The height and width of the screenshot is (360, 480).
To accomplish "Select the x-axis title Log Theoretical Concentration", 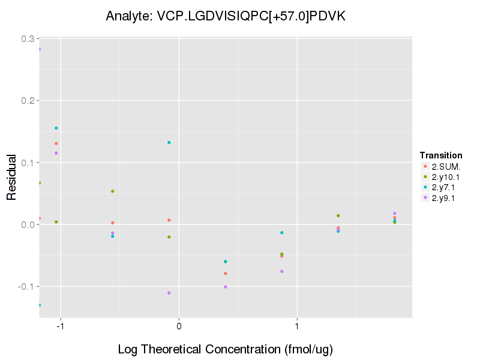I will tap(225, 349).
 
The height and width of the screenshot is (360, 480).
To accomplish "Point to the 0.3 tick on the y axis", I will tap(27, 38).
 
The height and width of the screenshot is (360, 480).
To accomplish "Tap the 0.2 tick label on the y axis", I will tap(27, 100).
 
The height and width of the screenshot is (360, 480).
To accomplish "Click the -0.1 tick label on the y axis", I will tap(26, 287).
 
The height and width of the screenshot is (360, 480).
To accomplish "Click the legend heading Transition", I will tap(441, 155).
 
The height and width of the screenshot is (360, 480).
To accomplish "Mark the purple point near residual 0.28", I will tap(40, 49).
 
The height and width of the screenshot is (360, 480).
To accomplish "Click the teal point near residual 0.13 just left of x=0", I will tap(169, 142).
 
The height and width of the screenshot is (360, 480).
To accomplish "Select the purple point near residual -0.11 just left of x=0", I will tap(169, 293).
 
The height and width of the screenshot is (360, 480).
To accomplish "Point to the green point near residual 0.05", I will tap(112, 191).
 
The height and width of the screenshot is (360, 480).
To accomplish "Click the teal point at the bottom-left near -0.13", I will tap(40, 305).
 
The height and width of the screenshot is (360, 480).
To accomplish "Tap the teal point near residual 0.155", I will tap(56, 128).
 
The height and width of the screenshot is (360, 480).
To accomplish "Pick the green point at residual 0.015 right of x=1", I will tap(338, 215).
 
